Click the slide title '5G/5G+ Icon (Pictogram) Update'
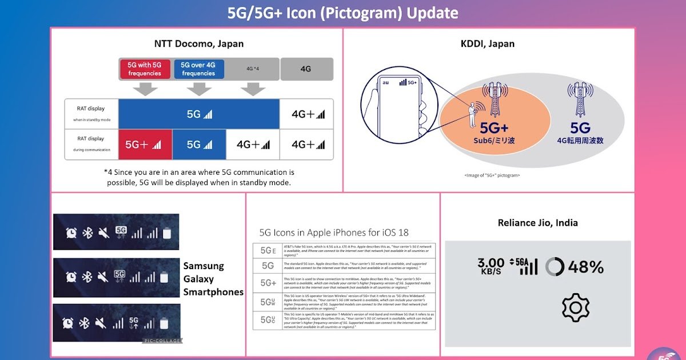(x=342, y=13)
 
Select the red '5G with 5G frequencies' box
(x=145, y=69)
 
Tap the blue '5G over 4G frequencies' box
(x=198, y=69)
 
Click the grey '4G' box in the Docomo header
(x=306, y=69)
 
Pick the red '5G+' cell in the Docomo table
(x=145, y=145)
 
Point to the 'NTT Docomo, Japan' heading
(x=198, y=43)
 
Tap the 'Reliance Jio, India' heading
(x=537, y=223)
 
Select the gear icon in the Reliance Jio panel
(x=575, y=307)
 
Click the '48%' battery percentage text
(x=586, y=267)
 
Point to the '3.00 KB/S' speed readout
(x=490, y=267)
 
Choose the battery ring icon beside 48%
(x=554, y=267)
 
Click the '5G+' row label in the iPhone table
(x=268, y=283)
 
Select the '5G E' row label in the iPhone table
(x=268, y=250)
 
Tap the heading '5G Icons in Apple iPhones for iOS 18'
(x=334, y=233)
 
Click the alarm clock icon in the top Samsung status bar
(x=71, y=232)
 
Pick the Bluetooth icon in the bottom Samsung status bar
(x=84, y=323)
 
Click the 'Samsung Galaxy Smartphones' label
(x=213, y=279)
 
